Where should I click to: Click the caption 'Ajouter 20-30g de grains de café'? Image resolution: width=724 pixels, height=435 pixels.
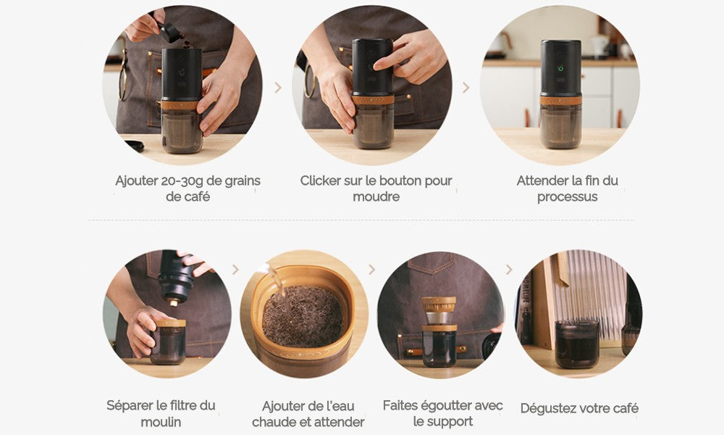(188, 188)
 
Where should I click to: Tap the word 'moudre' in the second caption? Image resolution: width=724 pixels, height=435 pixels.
(376, 197)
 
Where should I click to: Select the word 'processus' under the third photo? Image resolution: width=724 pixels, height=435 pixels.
(567, 197)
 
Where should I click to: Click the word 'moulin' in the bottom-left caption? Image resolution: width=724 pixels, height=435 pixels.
(161, 422)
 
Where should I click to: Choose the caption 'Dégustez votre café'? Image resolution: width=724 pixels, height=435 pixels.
(579, 409)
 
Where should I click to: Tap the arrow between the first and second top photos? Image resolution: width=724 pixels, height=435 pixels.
(278, 88)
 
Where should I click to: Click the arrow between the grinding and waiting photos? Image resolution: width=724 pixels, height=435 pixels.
(466, 88)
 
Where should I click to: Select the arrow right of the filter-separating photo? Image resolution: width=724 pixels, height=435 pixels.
(235, 270)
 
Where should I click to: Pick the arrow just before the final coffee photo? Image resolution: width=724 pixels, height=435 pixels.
(509, 270)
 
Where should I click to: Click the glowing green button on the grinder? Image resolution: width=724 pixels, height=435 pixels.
(560, 68)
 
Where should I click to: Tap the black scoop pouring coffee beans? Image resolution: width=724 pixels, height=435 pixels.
(169, 31)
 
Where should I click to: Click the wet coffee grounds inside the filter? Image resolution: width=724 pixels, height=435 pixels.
(303, 316)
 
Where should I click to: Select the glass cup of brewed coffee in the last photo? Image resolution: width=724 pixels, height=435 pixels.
(577, 344)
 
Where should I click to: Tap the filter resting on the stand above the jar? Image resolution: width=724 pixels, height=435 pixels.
(439, 310)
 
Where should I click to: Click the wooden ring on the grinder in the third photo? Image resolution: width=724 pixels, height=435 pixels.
(560, 100)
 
